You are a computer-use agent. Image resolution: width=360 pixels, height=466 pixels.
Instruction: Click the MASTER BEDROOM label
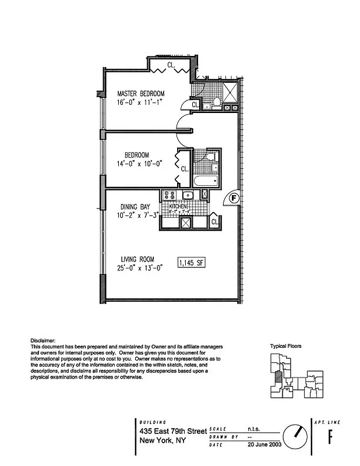pos(140,93)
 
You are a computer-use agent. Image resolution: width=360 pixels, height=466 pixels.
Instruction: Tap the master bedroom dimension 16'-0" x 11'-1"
pos(139,102)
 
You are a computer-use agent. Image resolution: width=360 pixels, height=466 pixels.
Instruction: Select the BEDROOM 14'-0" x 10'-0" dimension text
pos(139,164)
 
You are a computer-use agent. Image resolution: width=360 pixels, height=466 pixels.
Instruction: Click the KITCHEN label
pos(178,207)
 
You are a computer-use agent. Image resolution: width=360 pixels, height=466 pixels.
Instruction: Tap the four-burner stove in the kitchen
pos(170,196)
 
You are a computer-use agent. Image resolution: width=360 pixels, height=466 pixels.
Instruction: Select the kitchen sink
pos(188,195)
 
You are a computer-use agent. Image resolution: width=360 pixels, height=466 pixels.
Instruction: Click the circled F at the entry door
pos(233,198)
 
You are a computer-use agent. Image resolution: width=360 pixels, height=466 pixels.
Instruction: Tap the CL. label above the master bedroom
pos(171,65)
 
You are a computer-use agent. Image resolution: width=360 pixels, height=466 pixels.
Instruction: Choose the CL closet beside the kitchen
pos(214,221)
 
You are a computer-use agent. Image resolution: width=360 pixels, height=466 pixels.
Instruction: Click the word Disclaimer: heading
pos(43,340)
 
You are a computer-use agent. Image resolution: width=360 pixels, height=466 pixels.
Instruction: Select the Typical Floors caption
pos(285,346)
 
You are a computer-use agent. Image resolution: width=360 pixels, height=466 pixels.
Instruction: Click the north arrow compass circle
pos(296,435)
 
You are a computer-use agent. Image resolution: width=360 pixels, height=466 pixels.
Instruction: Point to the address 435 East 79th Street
pos(173,432)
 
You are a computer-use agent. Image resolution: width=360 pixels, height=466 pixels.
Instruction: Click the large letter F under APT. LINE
pos(330,436)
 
